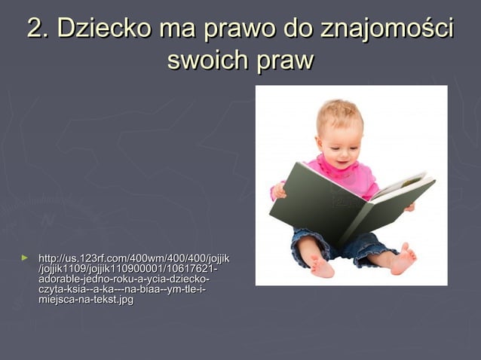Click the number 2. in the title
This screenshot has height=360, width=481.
38,29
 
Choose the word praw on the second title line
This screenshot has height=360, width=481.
284,60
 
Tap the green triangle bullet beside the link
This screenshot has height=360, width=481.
25,258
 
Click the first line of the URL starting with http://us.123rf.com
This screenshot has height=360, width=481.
134,259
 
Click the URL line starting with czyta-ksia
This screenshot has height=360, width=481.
121,290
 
